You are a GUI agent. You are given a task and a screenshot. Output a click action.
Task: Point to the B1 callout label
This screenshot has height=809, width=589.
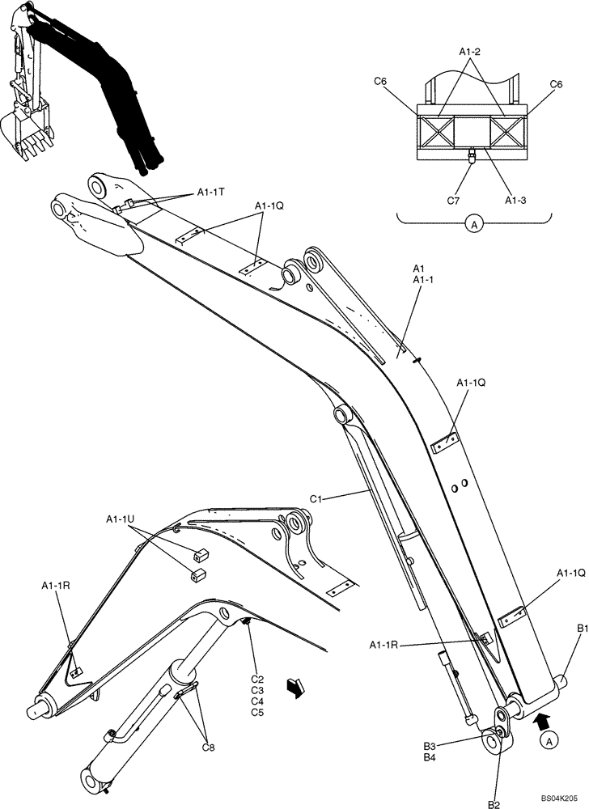pyautogui.click(x=582, y=628)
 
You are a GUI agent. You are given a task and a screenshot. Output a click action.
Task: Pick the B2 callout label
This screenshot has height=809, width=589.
pyautogui.click(x=494, y=803)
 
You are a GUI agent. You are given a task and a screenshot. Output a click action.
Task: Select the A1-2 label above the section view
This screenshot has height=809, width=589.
pyautogui.click(x=470, y=53)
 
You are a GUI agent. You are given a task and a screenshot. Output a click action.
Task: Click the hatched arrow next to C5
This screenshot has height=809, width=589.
pyautogui.click(x=295, y=687)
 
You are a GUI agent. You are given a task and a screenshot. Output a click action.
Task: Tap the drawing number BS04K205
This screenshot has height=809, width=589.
pyautogui.click(x=559, y=797)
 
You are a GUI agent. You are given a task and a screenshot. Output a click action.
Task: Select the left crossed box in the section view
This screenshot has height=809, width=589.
pyautogui.click(x=435, y=129)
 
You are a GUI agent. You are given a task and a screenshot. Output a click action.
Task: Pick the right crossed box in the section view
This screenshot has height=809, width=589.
pyautogui.click(x=506, y=129)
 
